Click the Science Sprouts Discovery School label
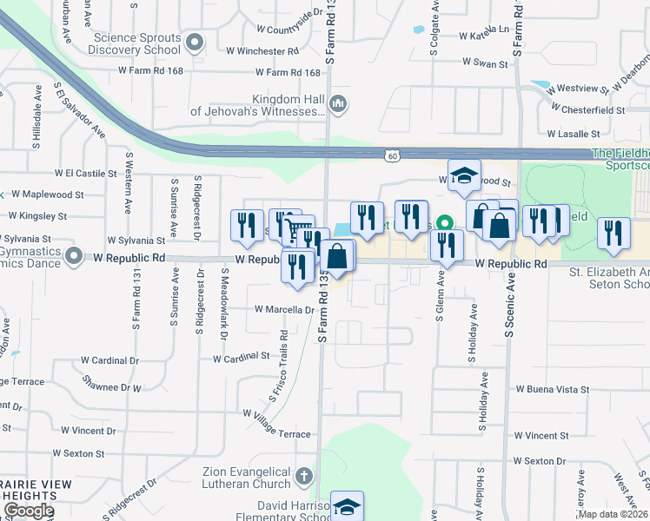click(137, 43)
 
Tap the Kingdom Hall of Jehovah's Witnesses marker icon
click(338, 105)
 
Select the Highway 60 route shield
click(393, 155)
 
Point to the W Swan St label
click(485, 63)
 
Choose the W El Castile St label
click(85, 174)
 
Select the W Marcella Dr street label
click(284, 309)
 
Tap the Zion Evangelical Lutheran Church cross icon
click(303, 476)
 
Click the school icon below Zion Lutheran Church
click(347, 506)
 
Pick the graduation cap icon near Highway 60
click(464, 175)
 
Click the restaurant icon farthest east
click(614, 233)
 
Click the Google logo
click(29, 511)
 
